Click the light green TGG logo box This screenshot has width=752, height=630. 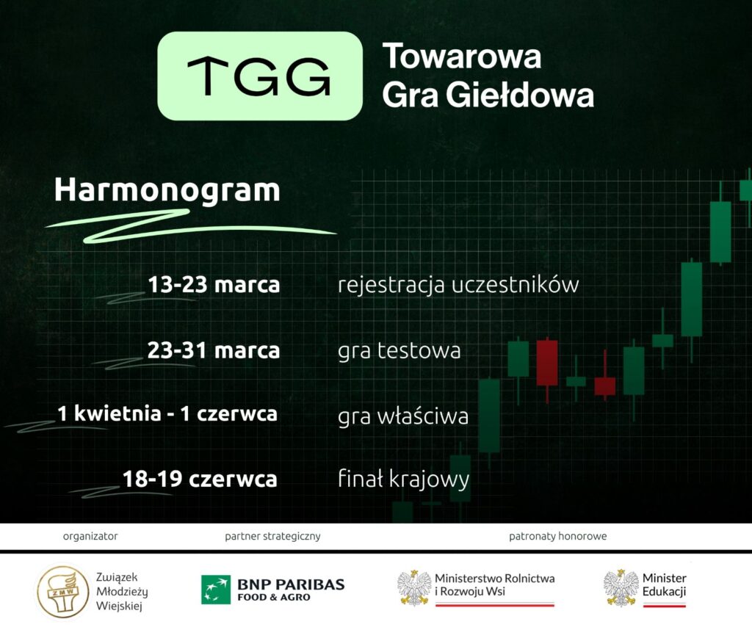(260, 76)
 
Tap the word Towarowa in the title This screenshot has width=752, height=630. (462, 56)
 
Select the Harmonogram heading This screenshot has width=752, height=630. (167, 190)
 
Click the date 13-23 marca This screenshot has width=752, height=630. (214, 284)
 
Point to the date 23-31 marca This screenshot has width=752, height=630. (214, 350)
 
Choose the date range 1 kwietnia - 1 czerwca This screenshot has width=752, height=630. (167, 414)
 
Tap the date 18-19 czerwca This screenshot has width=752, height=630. (200, 479)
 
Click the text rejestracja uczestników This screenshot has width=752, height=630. (458, 285)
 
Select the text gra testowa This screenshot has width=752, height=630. (399, 351)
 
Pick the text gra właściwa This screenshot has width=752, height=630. (403, 416)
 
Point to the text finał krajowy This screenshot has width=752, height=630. (403, 479)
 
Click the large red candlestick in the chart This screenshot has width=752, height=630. (546, 363)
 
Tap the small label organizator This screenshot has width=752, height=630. (90, 536)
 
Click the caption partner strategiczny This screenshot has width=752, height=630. (272, 536)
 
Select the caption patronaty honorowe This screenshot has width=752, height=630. (558, 536)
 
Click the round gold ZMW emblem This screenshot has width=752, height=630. (63, 591)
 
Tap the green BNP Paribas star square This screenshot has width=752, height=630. (216, 590)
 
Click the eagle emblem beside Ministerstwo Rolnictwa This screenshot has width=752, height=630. (414, 588)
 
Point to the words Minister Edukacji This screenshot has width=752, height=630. (664, 585)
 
